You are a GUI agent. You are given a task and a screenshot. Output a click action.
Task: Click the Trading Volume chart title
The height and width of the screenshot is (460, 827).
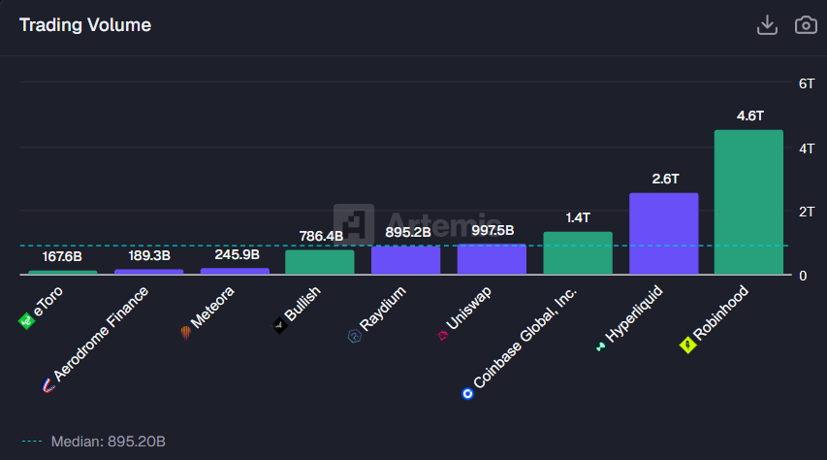(x=85, y=25)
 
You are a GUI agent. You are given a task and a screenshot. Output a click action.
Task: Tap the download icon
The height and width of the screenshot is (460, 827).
(x=767, y=25)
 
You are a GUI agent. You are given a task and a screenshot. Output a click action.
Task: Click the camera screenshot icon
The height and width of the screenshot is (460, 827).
(x=806, y=25)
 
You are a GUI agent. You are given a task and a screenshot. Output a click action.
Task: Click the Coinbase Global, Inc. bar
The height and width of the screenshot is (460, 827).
(x=578, y=252)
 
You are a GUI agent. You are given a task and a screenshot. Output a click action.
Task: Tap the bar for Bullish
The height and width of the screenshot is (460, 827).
(x=319, y=262)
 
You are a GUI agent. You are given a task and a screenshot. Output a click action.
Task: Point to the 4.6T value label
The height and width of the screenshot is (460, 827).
(x=749, y=115)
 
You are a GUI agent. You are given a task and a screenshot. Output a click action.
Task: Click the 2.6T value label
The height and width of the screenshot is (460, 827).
(x=664, y=179)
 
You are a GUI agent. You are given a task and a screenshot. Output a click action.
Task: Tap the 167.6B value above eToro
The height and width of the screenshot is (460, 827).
(x=62, y=256)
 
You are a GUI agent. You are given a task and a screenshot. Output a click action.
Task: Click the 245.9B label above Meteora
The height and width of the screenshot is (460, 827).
(x=235, y=254)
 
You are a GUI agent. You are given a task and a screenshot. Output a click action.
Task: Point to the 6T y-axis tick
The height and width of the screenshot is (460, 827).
(x=806, y=84)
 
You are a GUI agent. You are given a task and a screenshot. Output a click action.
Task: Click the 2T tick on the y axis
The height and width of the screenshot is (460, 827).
(x=806, y=212)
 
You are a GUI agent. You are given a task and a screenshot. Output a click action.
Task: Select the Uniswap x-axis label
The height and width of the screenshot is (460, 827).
(x=473, y=312)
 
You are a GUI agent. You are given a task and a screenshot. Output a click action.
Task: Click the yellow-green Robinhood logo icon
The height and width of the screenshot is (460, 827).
(x=688, y=344)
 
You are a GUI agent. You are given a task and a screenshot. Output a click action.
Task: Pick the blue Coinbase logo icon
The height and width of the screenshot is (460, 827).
(x=468, y=393)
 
